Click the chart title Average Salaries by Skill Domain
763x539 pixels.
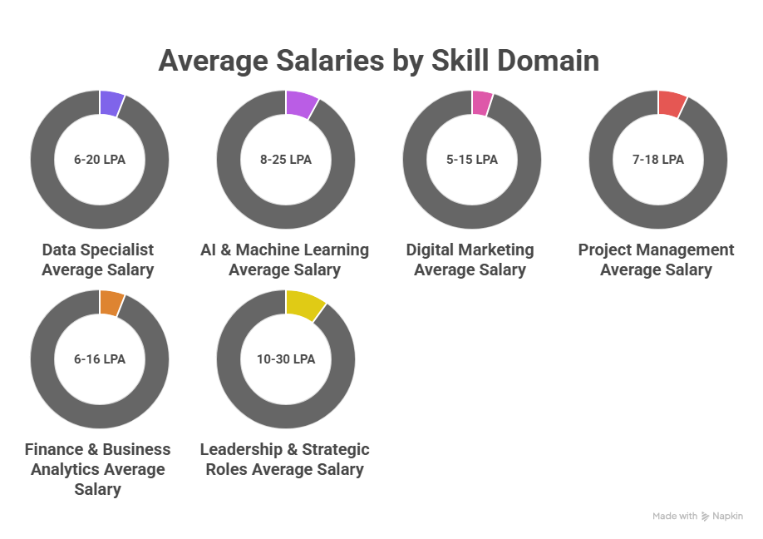378,61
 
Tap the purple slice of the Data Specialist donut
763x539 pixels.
111,103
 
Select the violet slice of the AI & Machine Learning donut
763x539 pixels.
300,104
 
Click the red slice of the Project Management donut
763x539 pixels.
671,104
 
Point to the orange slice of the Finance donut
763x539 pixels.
111,303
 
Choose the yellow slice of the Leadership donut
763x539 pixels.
303,305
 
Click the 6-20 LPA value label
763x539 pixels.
100,160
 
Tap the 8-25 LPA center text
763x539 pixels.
286,160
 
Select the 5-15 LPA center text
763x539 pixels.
472,160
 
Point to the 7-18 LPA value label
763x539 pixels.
658,160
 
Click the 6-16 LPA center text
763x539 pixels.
100,359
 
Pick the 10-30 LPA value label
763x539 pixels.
286,359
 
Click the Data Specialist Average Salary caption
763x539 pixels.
98,260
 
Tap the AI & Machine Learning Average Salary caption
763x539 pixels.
285,260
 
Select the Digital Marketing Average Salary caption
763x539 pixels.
470,260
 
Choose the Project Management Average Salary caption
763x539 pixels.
657,260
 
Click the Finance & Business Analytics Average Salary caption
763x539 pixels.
98,469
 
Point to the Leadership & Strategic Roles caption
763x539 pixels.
285,459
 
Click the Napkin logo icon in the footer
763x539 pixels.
706,517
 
